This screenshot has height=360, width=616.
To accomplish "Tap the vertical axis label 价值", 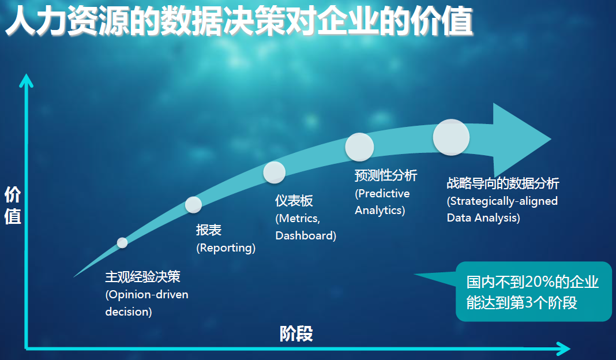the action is [x=13, y=205].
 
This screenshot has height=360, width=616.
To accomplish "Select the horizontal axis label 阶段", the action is [x=296, y=333].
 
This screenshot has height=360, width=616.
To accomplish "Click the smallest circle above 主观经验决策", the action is [x=122, y=243].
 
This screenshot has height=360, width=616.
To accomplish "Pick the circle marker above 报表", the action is [x=193, y=205].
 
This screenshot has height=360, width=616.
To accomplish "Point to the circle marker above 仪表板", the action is [x=274, y=172].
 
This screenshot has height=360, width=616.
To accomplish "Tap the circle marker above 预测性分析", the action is [x=359, y=147].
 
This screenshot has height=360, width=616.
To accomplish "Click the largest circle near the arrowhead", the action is [x=451, y=137].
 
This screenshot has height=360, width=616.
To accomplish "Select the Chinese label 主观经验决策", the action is [x=142, y=277].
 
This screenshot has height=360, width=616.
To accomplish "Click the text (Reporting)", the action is [x=226, y=248].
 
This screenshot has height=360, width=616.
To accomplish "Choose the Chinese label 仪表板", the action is [x=294, y=200].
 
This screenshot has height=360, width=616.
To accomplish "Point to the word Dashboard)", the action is [x=306, y=235].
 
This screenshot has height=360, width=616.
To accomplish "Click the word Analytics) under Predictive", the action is [x=380, y=211].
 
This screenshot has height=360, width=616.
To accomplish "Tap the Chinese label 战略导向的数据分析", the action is [x=503, y=183].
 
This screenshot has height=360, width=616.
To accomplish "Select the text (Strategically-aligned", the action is [x=502, y=201].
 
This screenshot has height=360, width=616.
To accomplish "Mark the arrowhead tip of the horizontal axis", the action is [x=570, y=348].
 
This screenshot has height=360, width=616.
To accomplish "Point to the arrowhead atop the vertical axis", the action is [x=26, y=74].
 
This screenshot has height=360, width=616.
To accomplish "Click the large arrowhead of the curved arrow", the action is [x=523, y=139].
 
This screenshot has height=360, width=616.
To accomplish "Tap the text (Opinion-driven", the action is [x=147, y=295].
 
